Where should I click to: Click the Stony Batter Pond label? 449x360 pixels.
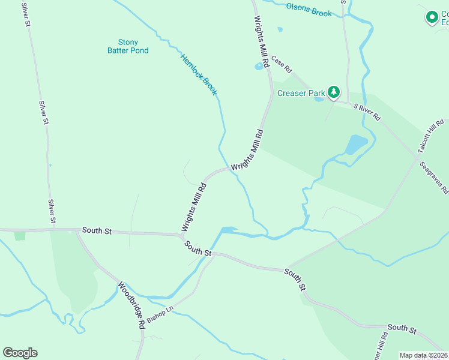(128, 46)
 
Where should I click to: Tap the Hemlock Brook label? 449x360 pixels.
(199, 74)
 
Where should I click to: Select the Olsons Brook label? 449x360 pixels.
(309, 10)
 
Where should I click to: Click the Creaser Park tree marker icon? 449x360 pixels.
(333, 92)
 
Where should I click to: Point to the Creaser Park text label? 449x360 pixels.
(301, 93)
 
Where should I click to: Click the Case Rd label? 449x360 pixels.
(281, 62)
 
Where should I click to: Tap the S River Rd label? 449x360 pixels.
(367, 112)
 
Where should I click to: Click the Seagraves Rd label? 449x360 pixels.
(434, 178)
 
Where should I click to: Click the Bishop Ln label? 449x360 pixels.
(160, 313)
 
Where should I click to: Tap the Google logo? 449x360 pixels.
(20, 353)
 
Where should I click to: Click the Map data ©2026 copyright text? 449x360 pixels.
(423, 355)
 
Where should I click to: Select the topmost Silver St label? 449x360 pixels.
(25, 14)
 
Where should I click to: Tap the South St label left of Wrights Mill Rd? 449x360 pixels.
(97, 230)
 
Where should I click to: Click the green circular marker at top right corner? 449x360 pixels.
(431, 17)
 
